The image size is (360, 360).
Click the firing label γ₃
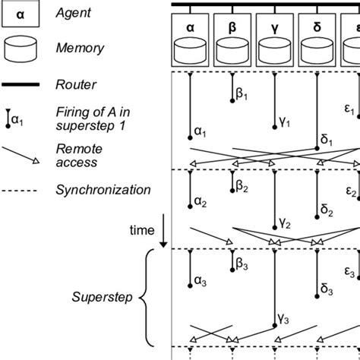tap(284, 342)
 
